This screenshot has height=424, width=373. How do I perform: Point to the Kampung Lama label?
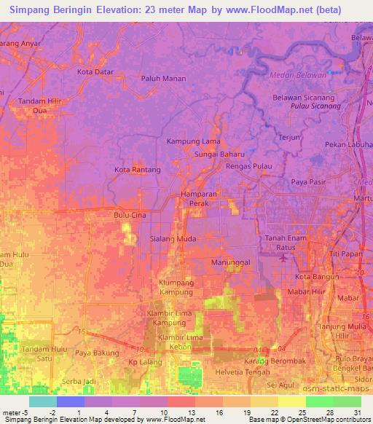click(x=193, y=141)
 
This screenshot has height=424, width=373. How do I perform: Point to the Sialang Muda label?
click(x=173, y=237)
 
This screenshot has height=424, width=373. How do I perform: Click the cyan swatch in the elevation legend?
click(x=42, y=401)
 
